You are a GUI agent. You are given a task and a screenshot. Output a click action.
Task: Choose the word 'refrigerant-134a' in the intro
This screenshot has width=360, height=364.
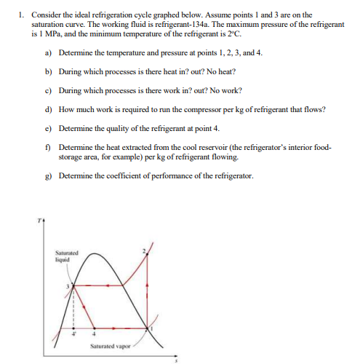point(177,23)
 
